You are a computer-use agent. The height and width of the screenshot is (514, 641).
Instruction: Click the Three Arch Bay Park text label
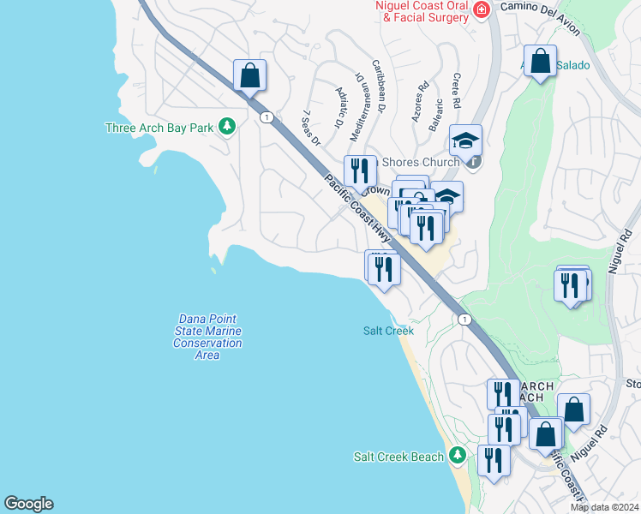point(159,128)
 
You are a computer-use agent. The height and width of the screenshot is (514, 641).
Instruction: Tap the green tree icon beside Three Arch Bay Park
point(227,127)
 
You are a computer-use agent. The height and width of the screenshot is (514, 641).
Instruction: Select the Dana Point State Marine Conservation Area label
point(207,337)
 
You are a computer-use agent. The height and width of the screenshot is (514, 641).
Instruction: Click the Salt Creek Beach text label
point(399,457)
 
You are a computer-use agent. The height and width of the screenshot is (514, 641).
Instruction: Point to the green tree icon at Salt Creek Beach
point(459,455)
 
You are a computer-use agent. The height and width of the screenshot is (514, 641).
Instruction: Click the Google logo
point(28,504)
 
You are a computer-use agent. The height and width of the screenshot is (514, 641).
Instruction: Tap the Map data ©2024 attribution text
point(605,507)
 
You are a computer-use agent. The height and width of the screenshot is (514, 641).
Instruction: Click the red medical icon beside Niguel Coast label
point(482,9)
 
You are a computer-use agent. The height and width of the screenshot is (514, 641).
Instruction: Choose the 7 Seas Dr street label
point(311,128)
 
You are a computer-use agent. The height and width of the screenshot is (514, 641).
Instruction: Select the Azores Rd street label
point(420,102)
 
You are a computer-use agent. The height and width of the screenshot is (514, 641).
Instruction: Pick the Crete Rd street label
point(456,91)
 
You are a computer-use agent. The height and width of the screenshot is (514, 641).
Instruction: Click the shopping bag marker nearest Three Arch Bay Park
point(249,75)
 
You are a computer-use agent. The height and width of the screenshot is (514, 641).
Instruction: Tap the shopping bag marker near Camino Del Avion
point(541,61)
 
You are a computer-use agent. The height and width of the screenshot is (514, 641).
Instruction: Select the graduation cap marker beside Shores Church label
point(466,140)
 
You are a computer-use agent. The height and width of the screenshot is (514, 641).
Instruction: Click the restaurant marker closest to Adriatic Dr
point(360,170)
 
